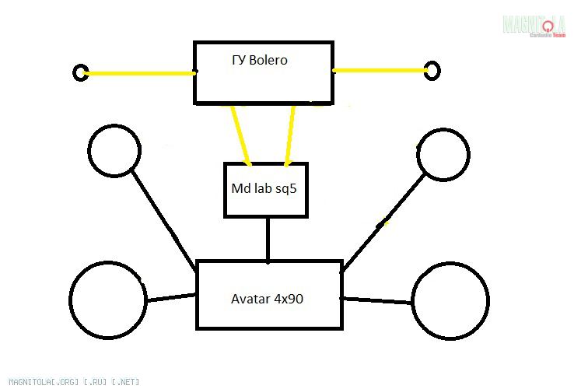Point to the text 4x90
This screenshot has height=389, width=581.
pyautogui.click(x=289, y=299)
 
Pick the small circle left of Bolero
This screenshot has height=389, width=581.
pyautogui.click(x=80, y=73)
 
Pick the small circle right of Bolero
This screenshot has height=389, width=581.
pyautogui.click(x=432, y=71)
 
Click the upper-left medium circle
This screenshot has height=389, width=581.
pyautogui.click(x=114, y=150)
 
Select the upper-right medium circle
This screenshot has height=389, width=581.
pyautogui.click(x=443, y=153)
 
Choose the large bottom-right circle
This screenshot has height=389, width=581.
pyautogui.click(x=450, y=301)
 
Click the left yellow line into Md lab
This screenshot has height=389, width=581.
pyautogui.click(x=240, y=134)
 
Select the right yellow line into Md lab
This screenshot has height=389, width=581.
pyautogui.click(x=291, y=134)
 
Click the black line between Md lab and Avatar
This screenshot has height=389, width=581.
pyautogui.click(x=268, y=239)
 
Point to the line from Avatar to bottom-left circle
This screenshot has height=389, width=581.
pyautogui.click(x=171, y=297)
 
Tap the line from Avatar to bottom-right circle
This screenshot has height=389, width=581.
pyautogui.click(x=376, y=300)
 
